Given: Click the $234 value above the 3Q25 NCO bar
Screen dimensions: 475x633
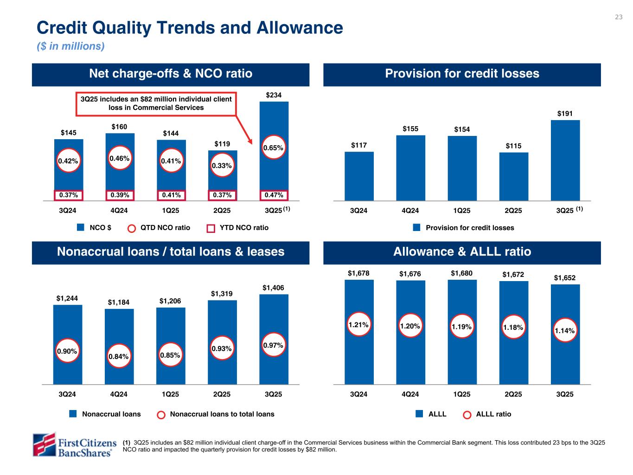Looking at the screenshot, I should (274, 95).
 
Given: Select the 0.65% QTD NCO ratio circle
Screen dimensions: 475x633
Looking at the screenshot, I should (274, 148).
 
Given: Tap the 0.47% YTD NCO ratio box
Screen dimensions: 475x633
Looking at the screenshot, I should (274, 195).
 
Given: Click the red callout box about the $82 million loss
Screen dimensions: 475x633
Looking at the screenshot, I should (156, 103).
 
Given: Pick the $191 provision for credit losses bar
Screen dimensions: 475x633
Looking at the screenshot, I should (565, 160).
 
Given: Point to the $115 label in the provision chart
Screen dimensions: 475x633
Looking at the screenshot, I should (513, 146).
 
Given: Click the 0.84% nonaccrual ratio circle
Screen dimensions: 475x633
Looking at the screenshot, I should (119, 356).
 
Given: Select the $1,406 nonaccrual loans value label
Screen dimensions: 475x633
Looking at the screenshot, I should (274, 288).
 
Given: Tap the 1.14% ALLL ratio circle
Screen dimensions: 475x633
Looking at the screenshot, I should (565, 331).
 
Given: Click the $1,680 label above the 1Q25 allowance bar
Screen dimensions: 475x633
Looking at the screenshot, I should (461, 273).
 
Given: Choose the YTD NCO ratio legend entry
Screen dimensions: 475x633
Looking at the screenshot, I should (237, 228).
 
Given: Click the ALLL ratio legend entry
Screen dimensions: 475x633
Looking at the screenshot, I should (488, 414).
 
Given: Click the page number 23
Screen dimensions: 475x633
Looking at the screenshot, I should (619, 17).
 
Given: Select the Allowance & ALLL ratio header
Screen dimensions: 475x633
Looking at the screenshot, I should (462, 252).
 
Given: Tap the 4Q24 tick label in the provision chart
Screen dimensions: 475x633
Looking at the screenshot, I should (410, 211).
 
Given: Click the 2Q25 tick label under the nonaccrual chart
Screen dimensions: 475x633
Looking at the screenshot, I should (222, 395).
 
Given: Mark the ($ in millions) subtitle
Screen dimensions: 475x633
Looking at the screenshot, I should (71, 47).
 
